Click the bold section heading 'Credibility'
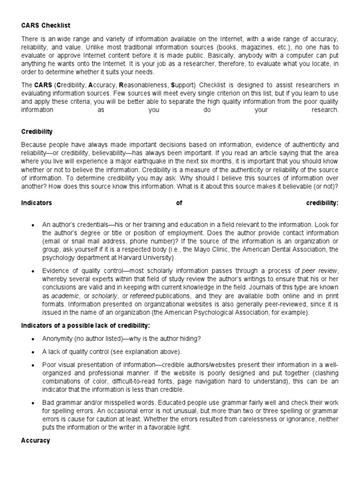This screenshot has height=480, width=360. (x=37, y=132)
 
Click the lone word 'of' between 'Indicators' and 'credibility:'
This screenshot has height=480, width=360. (x=179, y=203)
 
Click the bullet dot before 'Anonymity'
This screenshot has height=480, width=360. (x=32, y=339)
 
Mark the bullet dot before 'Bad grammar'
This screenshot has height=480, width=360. (x=32, y=403)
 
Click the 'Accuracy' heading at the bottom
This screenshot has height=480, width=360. (x=36, y=441)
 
